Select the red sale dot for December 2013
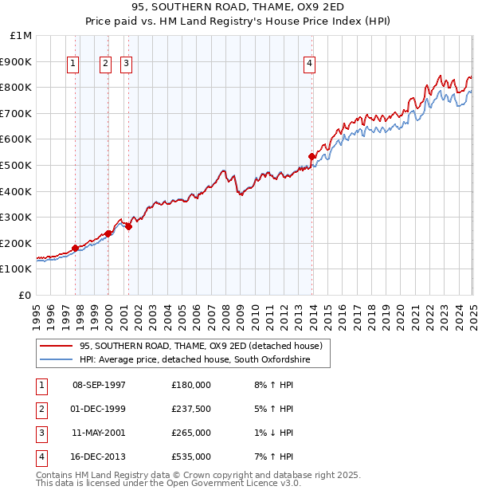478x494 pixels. coord(312,156)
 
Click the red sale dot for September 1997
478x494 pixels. coord(76,248)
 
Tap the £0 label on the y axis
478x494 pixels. coord(25,295)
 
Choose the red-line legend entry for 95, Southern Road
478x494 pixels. coord(200,346)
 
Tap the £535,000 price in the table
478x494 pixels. coord(191,457)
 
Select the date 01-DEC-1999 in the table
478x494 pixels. coord(99,409)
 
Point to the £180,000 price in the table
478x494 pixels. coord(191,385)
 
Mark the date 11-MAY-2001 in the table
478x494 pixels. coord(99,433)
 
